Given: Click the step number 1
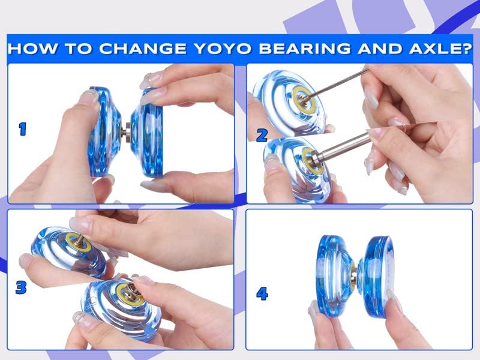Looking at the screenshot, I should pos(23,129).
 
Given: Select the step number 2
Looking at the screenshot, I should pos(262,136).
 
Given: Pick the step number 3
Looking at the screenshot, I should pos(21,287).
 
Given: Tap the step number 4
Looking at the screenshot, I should pos(262,293).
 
